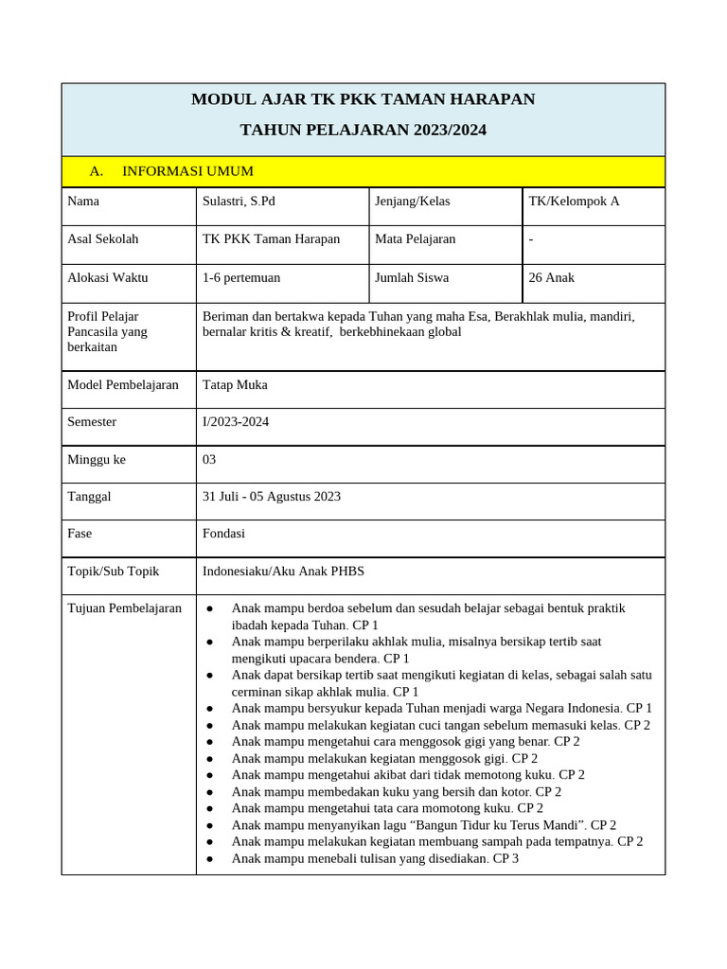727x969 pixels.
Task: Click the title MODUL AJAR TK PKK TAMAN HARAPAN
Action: (x=363, y=99)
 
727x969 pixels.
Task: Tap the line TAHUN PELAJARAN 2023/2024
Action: (x=363, y=130)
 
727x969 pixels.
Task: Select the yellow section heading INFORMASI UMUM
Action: (x=187, y=171)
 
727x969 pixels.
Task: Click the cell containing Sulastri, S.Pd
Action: (x=239, y=201)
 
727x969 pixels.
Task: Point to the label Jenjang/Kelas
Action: (x=412, y=201)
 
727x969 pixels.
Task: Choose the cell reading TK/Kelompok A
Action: (x=574, y=201)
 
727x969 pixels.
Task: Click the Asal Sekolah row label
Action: (x=103, y=239)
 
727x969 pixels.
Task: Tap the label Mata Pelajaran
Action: (x=415, y=239)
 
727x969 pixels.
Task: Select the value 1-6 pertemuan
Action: (x=241, y=277)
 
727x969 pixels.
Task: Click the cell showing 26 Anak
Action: (x=551, y=277)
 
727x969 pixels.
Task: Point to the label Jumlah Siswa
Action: (x=412, y=277)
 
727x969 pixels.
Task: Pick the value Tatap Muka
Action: (x=235, y=384)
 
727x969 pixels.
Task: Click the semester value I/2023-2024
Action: (x=236, y=421)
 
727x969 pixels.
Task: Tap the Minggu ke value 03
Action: (x=209, y=459)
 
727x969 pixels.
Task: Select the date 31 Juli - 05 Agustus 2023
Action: (x=272, y=496)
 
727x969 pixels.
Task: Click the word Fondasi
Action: (x=223, y=533)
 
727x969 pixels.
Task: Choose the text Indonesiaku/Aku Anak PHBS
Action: (x=283, y=571)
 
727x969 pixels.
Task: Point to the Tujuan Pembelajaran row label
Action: (x=124, y=608)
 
